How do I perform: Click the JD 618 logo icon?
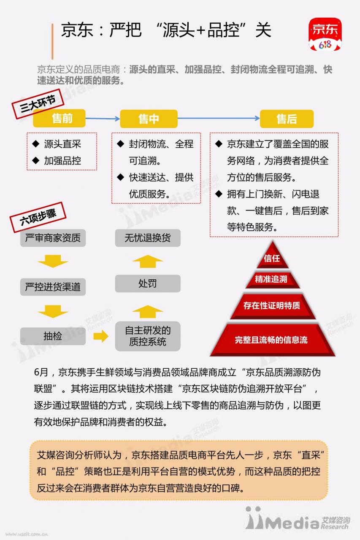[x=325, y=34]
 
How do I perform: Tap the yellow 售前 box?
[x=60, y=119]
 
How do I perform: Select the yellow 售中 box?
[x=149, y=119]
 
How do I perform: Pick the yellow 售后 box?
[x=287, y=119]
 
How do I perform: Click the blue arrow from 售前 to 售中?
[x=103, y=119]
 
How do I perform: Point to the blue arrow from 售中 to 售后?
[x=219, y=118]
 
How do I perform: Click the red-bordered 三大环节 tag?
[x=38, y=104]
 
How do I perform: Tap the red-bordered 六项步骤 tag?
[x=38, y=217]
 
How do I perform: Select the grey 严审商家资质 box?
[x=53, y=238]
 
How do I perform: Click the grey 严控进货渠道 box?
[x=53, y=287]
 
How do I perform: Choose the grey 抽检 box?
[x=53, y=336]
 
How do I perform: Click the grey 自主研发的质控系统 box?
[x=148, y=336]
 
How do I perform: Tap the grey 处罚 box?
[x=148, y=283]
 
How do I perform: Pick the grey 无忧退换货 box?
[x=148, y=238]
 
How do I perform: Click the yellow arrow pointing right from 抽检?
[x=101, y=336]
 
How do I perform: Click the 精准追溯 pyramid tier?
[x=273, y=280]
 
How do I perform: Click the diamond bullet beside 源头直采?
[x=36, y=144]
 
